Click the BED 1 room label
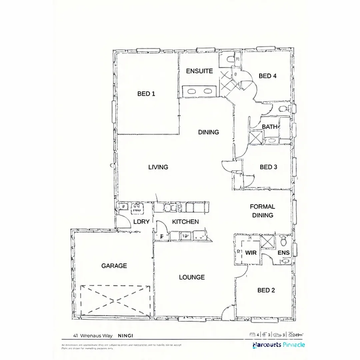click(146, 94)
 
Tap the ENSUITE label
click(199, 71)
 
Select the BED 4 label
click(268, 76)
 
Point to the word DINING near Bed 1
click(209, 132)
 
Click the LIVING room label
click(158, 167)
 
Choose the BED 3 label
click(268, 167)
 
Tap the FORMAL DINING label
click(262, 211)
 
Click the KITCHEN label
click(185, 222)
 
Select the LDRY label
click(141, 222)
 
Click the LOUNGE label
click(192, 277)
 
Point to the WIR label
click(251, 253)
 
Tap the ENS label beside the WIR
click(284, 253)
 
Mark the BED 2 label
click(266, 290)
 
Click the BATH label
click(269, 127)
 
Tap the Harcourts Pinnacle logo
click(279, 345)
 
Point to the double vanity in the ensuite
click(199, 91)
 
